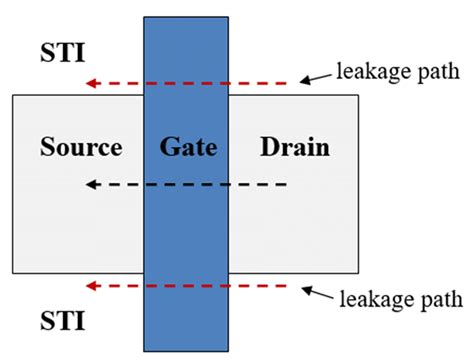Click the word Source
[x=81, y=148]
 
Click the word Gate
[x=188, y=148]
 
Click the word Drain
[x=294, y=148]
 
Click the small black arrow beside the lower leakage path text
[x=319, y=292]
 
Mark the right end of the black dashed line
[x=288, y=185]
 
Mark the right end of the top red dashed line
[x=297, y=83]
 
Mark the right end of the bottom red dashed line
[x=297, y=286]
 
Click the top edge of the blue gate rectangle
[x=188, y=18]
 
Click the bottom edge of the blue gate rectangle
[x=188, y=351]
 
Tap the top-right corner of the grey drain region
[x=359, y=95]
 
